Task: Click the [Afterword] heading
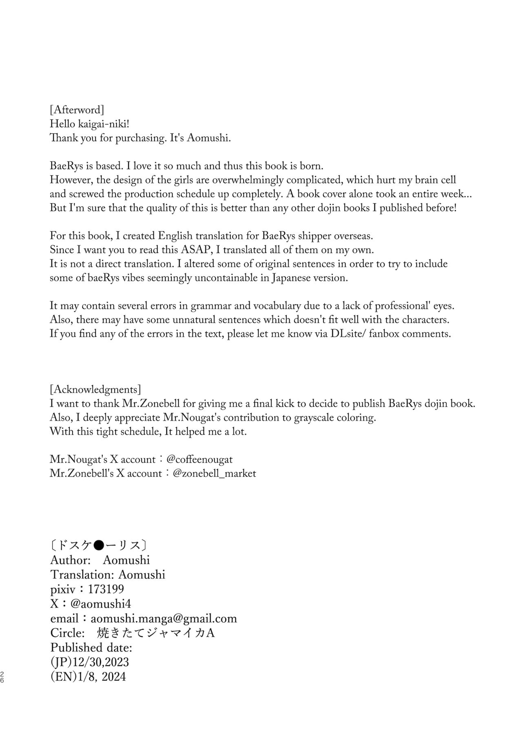(x=77, y=110)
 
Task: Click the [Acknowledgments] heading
(x=95, y=389)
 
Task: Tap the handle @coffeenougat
(x=199, y=459)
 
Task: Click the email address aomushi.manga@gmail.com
(x=164, y=618)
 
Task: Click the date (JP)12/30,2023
(x=90, y=662)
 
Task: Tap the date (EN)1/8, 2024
(x=88, y=676)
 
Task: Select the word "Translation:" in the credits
(x=83, y=574)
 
